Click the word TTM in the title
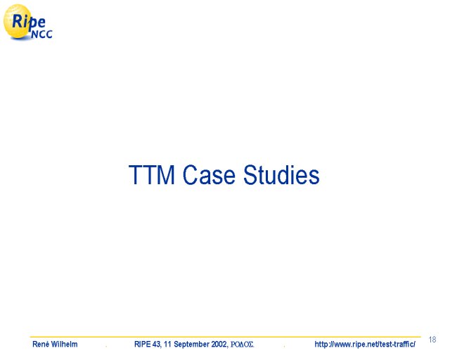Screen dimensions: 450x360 [152, 175]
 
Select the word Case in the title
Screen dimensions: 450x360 [209, 175]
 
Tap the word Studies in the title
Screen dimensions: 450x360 [281, 175]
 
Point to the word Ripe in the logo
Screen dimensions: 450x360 [29, 22]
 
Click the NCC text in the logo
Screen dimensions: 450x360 [42, 34]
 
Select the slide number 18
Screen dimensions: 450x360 [432, 340]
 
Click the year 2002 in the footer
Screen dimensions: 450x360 [220, 344]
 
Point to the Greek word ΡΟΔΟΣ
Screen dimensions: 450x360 [242, 345]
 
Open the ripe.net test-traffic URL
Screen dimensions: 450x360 [365, 344]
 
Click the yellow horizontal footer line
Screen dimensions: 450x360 [225, 337]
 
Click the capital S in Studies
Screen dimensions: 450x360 [250, 175]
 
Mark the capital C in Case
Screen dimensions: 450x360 [190, 175]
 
